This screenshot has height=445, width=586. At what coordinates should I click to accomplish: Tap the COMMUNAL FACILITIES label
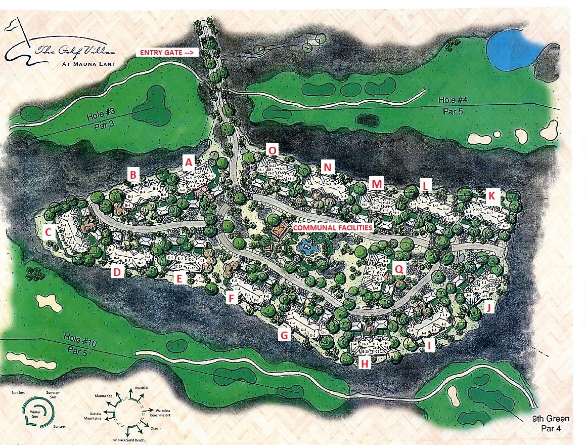[x=333, y=228]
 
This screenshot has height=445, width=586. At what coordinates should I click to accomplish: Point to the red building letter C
[x=49, y=232]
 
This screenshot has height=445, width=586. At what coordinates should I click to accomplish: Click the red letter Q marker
[x=399, y=270]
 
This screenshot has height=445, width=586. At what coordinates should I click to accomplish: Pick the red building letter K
[x=490, y=195]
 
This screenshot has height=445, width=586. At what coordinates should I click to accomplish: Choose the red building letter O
[x=273, y=150]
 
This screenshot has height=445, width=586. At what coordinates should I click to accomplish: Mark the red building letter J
[x=488, y=307]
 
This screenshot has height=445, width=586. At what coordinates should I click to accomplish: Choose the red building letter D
[x=117, y=272]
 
